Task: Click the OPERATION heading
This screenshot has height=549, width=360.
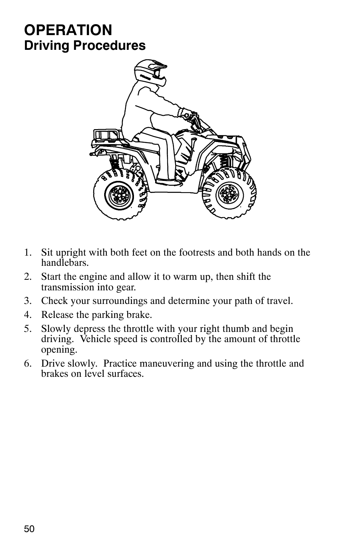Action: (68, 30)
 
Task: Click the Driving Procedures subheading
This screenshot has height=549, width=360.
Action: (85, 46)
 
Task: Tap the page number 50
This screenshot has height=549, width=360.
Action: (29, 529)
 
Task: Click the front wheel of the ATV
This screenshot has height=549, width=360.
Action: (229, 194)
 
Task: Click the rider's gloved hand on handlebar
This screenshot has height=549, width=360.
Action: (187, 114)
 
